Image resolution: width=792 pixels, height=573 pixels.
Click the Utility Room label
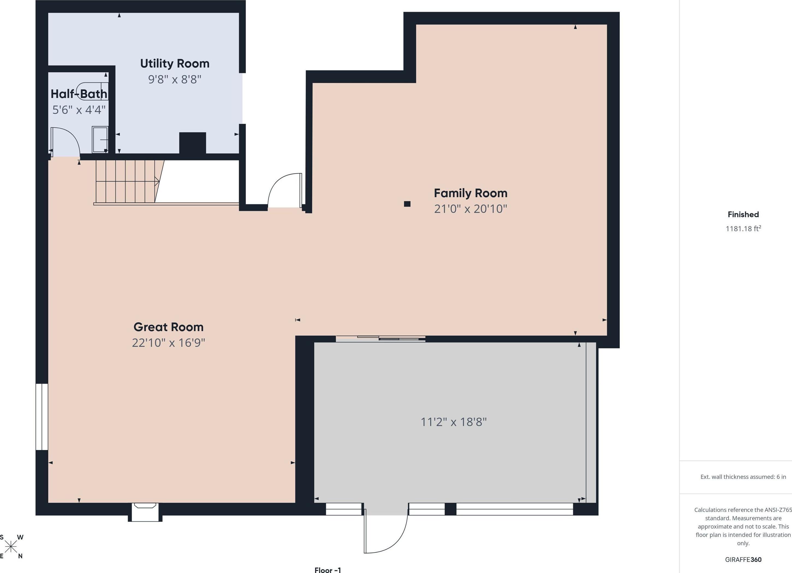coord(175,64)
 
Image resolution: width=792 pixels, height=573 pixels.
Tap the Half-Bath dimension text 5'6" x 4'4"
coord(79,110)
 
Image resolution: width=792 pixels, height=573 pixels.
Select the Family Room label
coord(471,193)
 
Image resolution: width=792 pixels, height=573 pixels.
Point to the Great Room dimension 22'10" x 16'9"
coord(168,343)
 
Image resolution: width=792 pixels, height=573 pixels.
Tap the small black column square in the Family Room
coord(407,204)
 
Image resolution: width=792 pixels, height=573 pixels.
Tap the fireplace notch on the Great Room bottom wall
coord(145,512)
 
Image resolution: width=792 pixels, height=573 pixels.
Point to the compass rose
coord(11,546)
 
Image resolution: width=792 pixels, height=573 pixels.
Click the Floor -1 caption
coord(327,570)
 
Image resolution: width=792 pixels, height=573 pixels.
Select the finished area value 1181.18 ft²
coord(743,229)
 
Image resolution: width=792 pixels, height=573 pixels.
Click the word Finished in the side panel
coord(743,214)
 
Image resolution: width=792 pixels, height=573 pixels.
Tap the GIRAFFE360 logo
coord(743,559)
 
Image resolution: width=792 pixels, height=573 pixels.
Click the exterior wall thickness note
coord(743,477)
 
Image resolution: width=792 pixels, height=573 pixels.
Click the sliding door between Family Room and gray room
coord(381,338)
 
